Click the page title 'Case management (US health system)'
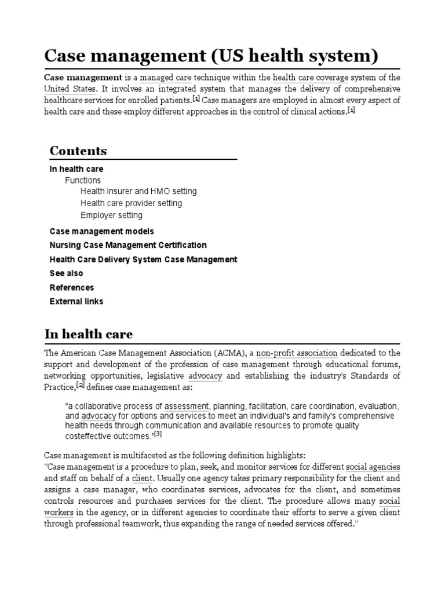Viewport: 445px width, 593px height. [211, 56]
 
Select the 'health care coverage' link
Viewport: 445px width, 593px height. [310, 78]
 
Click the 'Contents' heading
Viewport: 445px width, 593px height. [78, 151]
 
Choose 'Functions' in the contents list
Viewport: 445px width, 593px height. [82, 180]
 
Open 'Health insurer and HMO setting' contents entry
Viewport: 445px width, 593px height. [138, 191]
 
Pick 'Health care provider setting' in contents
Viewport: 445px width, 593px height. [131, 203]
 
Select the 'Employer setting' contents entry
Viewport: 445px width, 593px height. [111, 215]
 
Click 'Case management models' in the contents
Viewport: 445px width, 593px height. [101, 231]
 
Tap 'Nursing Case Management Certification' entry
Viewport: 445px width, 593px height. [128, 245]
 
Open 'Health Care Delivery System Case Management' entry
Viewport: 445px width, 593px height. [143, 259]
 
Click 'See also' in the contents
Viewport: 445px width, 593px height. [66, 273]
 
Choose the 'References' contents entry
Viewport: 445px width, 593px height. [72, 287]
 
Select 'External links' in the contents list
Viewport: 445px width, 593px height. [76, 301]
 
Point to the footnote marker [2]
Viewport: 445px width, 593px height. [81, 386]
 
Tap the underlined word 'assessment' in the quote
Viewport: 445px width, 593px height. [187, 406]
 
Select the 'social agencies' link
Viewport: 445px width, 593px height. [373, 467]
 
